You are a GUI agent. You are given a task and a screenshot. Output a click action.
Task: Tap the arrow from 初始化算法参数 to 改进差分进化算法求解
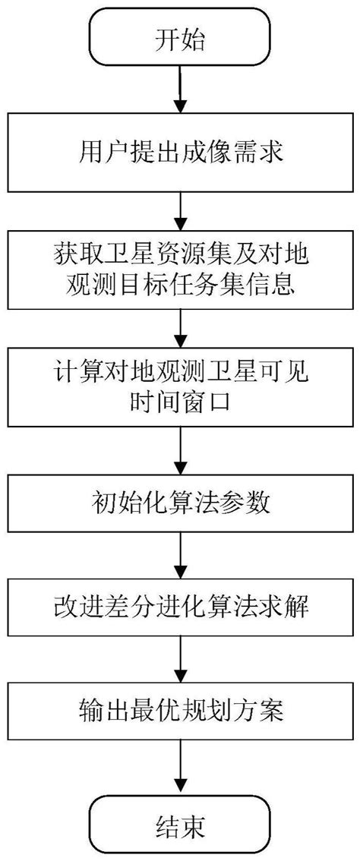pyautogui.click(x=180, y=557)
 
